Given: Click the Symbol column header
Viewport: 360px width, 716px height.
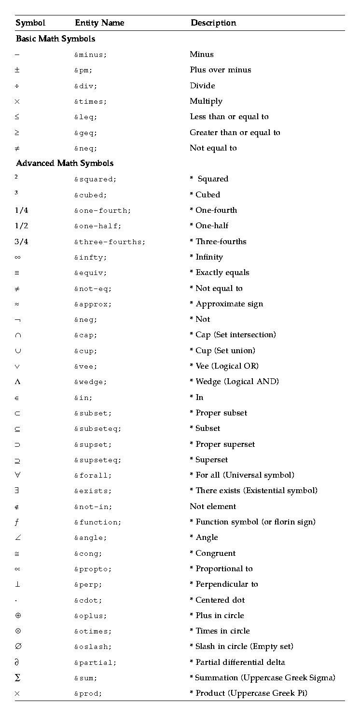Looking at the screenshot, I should tap(30, 23).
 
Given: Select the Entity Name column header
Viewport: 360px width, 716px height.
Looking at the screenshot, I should tap(99, 23).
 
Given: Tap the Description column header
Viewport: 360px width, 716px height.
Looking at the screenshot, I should tap(213, 23).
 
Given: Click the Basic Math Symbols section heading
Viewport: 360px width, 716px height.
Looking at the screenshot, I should tap(55, 39).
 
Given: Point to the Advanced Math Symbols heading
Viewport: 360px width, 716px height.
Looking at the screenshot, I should tap(65, 163).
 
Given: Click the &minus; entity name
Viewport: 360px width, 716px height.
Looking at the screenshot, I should tap(90, 55).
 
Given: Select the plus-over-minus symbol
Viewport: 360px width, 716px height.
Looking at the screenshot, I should tap(17, 70).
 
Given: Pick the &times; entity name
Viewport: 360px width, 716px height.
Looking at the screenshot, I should tap(90, 101).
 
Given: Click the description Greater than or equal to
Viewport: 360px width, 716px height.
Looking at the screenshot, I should tap(235, 133).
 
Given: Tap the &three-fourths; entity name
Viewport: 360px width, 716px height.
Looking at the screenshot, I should tap(110, 242).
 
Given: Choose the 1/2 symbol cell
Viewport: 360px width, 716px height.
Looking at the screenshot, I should tap(21, 226).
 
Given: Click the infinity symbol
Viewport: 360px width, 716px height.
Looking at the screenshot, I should tap(17, 257).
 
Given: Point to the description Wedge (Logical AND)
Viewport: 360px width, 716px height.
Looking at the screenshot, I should tap(237, 382).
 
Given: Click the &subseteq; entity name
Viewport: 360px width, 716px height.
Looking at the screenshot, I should tap(97, 428).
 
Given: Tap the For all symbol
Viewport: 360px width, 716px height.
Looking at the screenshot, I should tap(17, 475).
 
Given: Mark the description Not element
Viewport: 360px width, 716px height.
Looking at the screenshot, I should tap(213, 506).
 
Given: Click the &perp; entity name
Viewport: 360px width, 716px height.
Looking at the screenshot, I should tap(88, 584).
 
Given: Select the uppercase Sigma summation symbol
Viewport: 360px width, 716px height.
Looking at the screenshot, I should tap(17, 678).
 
